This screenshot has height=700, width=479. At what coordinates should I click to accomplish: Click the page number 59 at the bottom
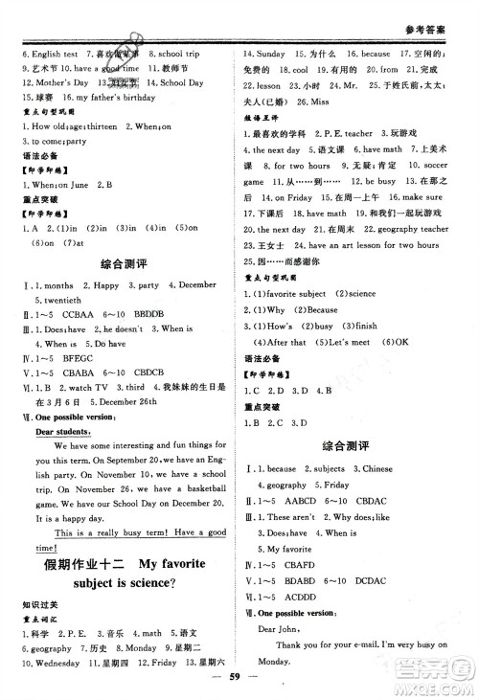[x=239, y=687]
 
